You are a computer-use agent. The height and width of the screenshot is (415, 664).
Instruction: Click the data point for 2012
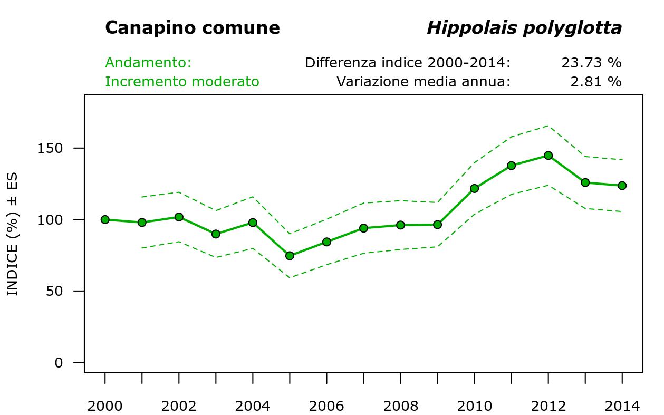tap(548, 156)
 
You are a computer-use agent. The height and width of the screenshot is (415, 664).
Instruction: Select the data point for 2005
tap(290, 256)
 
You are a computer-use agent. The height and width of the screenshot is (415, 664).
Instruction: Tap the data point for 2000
tap(105, 219)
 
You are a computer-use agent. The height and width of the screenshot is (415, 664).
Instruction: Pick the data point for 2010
tap(474, 188)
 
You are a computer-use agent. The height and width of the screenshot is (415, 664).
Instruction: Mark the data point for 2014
tap(622, 186)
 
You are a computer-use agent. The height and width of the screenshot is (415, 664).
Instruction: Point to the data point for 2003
tap(216, 234)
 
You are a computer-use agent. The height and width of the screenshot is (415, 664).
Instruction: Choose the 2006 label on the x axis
tap(326, 406)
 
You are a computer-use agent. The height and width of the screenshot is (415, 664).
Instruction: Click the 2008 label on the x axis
tap(400, 406)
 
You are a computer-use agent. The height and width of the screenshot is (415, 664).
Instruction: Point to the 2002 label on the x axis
tap(179, 406)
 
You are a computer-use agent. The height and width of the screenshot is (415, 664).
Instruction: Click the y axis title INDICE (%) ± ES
tap(13, 234)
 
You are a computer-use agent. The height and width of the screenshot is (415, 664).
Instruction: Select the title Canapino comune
tap(193, 28)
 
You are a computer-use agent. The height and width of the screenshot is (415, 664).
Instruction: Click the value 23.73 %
tap(591, 63)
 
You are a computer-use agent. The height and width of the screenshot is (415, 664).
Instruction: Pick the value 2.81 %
tap(595, 82)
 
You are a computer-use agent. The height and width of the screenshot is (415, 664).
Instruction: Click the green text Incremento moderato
tap(182, 82)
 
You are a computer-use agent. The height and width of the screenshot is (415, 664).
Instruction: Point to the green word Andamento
tap(148, 63)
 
